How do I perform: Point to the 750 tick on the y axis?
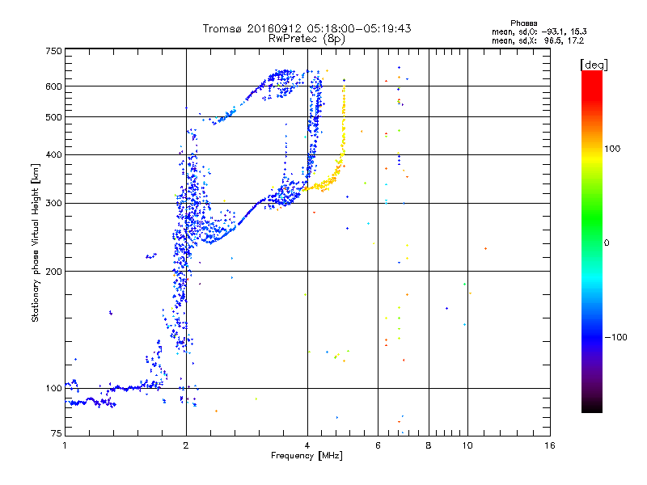[x=53, y=51]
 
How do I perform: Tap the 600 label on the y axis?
[x=53, y=86]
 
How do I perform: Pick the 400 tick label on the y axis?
[x=53, y=154]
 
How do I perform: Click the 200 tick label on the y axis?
[x=53, y=271]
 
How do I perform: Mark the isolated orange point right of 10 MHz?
[x=485, y=248]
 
